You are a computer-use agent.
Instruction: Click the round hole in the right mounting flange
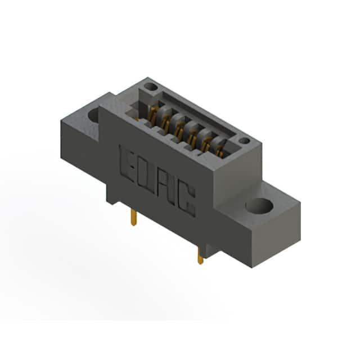pyautogui.click(x=259, y=205)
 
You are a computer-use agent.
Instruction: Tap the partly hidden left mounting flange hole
pyautogui.click(x=93, y=115)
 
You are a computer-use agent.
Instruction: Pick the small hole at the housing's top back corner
pyautogui.click(x=151, y=87)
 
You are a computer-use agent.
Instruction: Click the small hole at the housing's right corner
pyautogui.click(x=245, y=141)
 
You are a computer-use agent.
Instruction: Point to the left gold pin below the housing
pyautogui.click(x=133, y=217)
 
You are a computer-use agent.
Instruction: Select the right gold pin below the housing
pyautogui.click(x=200, y=256)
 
